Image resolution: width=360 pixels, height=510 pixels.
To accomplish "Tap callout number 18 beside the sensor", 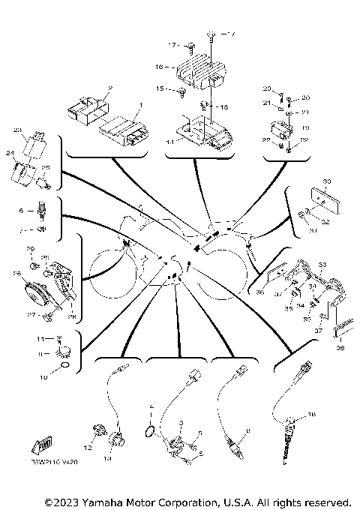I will click(312, 413).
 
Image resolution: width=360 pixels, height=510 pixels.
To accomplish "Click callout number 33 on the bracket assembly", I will click(322, 265).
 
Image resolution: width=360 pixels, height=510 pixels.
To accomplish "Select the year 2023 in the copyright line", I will click(64, 501).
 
